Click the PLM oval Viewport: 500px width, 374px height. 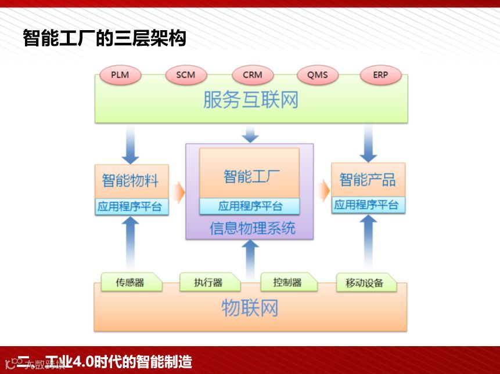pos(120,75)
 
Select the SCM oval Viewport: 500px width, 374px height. pos(185,75)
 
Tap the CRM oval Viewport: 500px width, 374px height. pos(253,75)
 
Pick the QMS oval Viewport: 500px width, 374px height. pos(318,75)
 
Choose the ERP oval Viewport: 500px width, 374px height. pos(380,75)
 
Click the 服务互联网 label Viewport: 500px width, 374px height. pos(251,100)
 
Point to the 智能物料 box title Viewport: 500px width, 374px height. pos(131,180)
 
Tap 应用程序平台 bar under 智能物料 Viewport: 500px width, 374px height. pos(131,206)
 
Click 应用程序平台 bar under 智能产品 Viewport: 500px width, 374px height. pos(368,205)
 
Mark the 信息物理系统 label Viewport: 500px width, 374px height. pos(252,228)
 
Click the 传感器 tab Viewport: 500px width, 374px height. pos(130,282)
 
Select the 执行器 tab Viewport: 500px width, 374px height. pos(208,282)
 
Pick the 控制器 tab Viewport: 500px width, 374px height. pos(288,282)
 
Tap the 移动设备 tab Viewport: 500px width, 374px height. pos(365,283)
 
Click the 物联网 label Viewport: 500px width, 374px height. pos(250,308)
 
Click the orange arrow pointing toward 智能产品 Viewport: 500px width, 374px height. pos(323,189)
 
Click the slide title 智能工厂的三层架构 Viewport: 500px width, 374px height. pos(105,38)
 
